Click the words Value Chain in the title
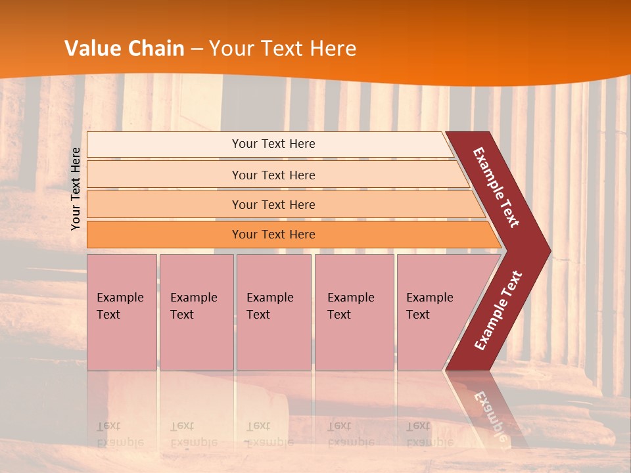click(124, 49)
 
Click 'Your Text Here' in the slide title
click(283, 49)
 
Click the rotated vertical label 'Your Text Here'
click(76, 189)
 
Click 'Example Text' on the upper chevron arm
click(496, 187)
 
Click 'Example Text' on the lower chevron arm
click(498, 311)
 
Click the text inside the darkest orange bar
click(273, 235)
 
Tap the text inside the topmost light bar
click(273, 144)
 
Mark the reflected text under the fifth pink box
click(429, 434)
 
